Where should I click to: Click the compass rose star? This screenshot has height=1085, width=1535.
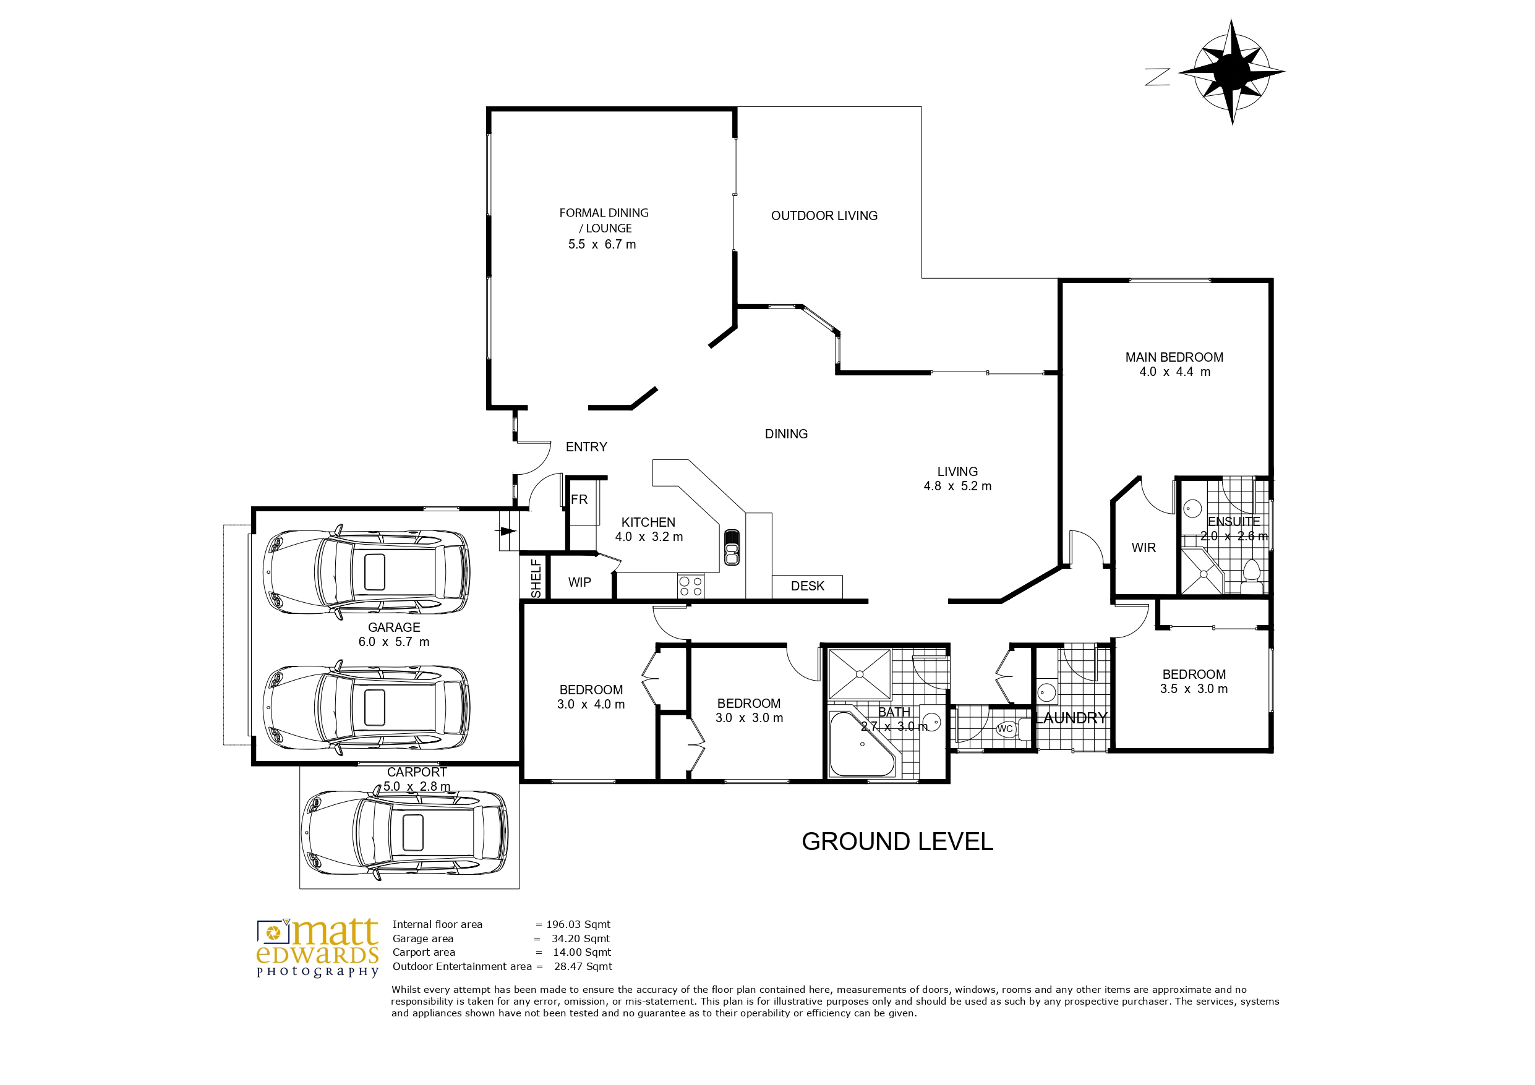tap(1231, 72)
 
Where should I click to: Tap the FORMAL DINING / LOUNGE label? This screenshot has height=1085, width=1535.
tap(603, 229)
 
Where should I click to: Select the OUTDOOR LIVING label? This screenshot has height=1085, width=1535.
tap(824, 216)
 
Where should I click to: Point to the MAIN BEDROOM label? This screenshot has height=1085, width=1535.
tap(1174, 364)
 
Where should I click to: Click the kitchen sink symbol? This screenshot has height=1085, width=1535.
tap(732, 547)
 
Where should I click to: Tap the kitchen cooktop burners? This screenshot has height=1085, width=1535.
tap(691, 586)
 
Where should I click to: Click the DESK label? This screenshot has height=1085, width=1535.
tap(807, 586)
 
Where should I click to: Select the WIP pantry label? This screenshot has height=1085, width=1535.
tap(579, 582)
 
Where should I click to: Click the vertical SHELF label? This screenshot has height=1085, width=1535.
tap(536, 579)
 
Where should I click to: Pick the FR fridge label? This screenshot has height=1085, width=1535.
tap(579, 500)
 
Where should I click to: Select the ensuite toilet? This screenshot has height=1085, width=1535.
tap(1251, 576)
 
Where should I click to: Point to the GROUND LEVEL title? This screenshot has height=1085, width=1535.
tap(897, 841)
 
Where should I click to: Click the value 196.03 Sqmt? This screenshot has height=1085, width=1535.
tap(578, 924)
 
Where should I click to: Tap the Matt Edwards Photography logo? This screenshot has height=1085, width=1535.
tap(317, 948)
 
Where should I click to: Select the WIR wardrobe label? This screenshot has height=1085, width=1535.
tap(1144, 548)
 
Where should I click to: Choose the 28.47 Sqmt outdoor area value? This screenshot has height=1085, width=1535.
tap(583, 967)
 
